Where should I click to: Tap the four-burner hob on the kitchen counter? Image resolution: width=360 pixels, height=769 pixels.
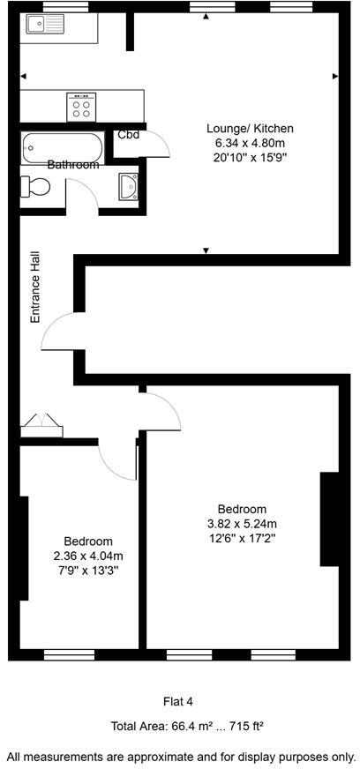click(82, 107)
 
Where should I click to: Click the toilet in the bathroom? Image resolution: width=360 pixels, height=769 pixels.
click(38, 186)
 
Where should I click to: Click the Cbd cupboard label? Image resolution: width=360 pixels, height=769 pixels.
click(128, 135)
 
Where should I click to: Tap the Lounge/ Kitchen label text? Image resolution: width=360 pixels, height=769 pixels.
click(250, 129)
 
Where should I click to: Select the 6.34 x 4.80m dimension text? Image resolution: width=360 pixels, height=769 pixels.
click(250, 142)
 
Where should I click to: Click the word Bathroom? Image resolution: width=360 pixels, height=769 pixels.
click(73, 164)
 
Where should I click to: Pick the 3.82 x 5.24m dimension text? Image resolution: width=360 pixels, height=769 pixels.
click(242, 523)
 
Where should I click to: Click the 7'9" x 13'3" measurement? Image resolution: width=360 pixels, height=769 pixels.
click(87, 570)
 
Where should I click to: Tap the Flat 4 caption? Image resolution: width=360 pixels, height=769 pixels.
click(178, 702)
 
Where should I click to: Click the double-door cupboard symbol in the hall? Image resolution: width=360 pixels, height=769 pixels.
click(41, 426)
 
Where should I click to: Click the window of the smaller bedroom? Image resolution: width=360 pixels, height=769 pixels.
click(69, 654)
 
